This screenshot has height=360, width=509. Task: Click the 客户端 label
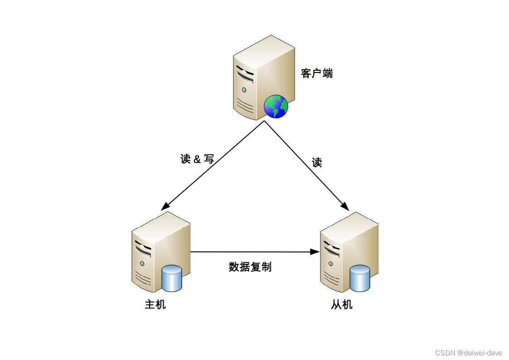coord(317,73)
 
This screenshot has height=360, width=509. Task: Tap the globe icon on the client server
coord(276,107)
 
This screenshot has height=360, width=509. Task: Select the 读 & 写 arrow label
coord(197,159)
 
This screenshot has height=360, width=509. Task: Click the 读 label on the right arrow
coord(317,163)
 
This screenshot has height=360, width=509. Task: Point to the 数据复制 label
coord(250,267)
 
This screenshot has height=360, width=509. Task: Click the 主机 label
coord(155,304)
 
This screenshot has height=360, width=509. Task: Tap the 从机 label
coord(342,304)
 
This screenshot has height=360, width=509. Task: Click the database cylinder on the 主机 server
coord(172,278)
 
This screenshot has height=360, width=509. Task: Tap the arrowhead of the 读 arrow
coord(345,207)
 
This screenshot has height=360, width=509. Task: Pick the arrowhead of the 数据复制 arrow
coord(315,252)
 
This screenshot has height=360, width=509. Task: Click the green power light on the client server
coord(244,90)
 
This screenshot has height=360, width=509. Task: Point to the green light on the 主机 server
coord(142,263)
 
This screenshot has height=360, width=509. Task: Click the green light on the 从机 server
coord(331,264)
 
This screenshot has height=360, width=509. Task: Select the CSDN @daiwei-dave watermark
coord(468,353)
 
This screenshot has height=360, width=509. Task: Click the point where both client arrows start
coord(264,121)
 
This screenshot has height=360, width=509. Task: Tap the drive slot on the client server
coord(245,73)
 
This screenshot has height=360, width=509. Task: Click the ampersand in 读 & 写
coord(197,160)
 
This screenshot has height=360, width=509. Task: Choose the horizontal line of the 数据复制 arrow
coord(249,252)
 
